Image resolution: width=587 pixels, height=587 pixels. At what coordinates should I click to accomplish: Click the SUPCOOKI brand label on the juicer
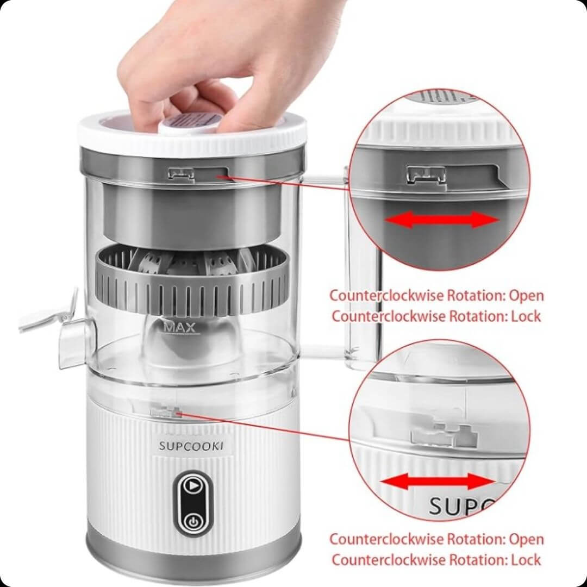(x=191, y=446)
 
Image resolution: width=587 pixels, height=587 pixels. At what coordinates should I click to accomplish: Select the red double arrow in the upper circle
(x=442, y=220)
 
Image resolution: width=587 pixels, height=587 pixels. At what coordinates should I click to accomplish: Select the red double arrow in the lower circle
(x=437, y=482)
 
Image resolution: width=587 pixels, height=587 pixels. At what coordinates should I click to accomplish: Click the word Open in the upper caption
(x=526, y=296)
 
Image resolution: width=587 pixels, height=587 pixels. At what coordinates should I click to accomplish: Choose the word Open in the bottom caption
(x=526, y=540)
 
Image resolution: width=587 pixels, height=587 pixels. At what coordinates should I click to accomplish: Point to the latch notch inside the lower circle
(x=444, y=435)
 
